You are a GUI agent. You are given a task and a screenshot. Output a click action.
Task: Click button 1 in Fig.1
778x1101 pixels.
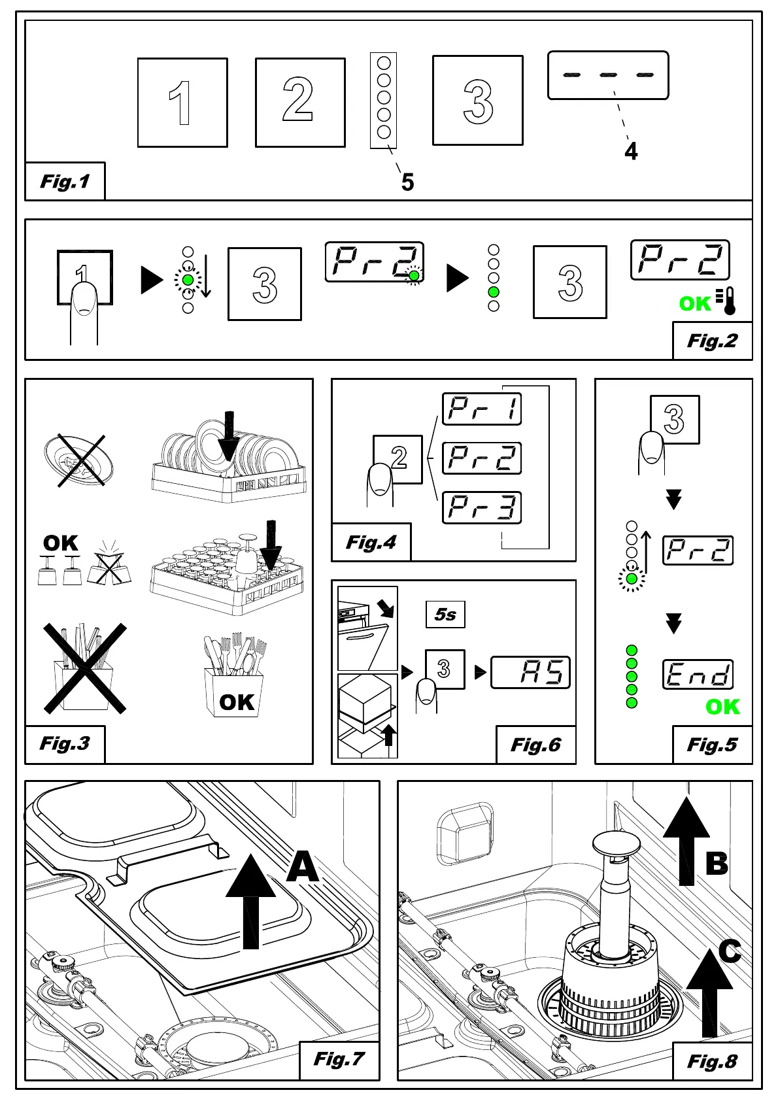(182, 103)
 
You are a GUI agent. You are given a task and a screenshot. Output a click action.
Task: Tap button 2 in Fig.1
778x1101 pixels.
(300, 103)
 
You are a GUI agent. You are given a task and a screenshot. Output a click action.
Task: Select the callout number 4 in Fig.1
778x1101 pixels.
(631, 152)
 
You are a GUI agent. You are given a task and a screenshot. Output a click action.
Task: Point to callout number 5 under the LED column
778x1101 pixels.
(407, 182)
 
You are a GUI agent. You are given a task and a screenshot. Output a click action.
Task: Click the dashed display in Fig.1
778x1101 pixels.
(608, 75)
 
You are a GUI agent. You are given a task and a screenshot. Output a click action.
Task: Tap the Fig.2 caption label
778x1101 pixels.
(712, 341)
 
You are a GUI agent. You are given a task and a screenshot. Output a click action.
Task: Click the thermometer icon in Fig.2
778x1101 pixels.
(727, 301)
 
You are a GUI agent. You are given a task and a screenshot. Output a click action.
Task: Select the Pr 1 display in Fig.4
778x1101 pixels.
(482, 409)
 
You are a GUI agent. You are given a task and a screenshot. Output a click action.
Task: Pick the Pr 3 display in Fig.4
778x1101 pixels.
(482, 508)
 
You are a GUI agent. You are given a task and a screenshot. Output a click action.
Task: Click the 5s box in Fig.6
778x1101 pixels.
(445, 615)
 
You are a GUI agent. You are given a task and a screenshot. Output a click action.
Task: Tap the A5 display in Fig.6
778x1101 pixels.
(530, 672)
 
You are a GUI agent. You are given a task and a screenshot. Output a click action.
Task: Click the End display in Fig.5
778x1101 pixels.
(698, 675)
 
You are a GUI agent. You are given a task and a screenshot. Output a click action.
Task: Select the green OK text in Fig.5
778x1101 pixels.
(722, 707)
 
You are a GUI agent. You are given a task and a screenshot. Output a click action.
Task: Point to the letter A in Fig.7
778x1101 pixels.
(303, 868)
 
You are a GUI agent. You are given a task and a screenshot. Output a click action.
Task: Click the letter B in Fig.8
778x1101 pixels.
(717, 863)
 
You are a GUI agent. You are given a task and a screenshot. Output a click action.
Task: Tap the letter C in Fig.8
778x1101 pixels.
(730, 952)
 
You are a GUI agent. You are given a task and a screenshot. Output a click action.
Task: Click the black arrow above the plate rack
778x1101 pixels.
(228, 435)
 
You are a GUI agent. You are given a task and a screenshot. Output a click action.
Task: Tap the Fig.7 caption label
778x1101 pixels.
(339, 1059)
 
